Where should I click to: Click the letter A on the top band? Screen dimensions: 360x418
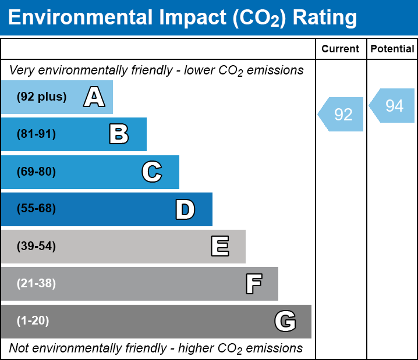(x=94, y=97)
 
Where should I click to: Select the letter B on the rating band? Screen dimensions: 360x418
(x=119, y=134)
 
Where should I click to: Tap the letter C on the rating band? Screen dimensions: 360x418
(x=151, y=172)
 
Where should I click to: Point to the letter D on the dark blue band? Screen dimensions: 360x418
(x=185, y=209)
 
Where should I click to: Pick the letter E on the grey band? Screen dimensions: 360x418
(x=219, y=247)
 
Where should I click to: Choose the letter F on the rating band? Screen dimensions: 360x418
(x=253, y=284)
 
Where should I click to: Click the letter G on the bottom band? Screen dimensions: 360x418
(x=285, y=321)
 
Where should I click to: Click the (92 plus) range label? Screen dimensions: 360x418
(x=41, y=97)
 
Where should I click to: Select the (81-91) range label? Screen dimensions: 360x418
(x=36, y=134)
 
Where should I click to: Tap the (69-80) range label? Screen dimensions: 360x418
(x=36, y=172)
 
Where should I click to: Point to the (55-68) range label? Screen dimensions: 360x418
(x=36, y=209)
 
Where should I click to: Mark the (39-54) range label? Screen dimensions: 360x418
(x=36, y=247)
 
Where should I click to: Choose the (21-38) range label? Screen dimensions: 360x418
(x=36, y=284)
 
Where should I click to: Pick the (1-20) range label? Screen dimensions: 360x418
(x=33, y=321)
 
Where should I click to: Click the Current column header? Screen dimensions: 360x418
(x=341, y=49)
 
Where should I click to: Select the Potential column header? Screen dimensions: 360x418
(x=392, y=49)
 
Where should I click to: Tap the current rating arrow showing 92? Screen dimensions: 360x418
(x=342, y=115)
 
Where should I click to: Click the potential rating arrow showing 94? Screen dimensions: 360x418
(x=393, y=106)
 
